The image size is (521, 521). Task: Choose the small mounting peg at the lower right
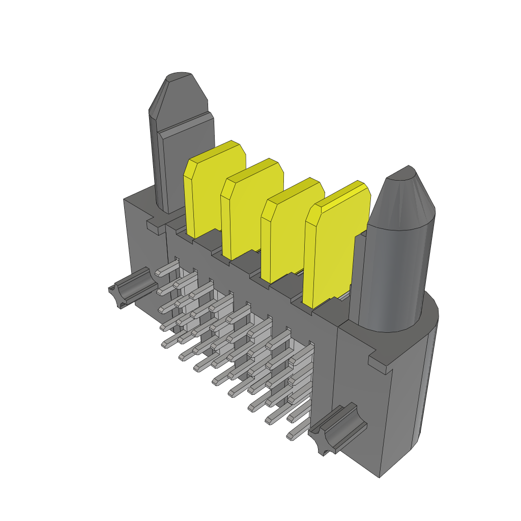336,427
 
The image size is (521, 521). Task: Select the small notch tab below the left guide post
155,226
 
